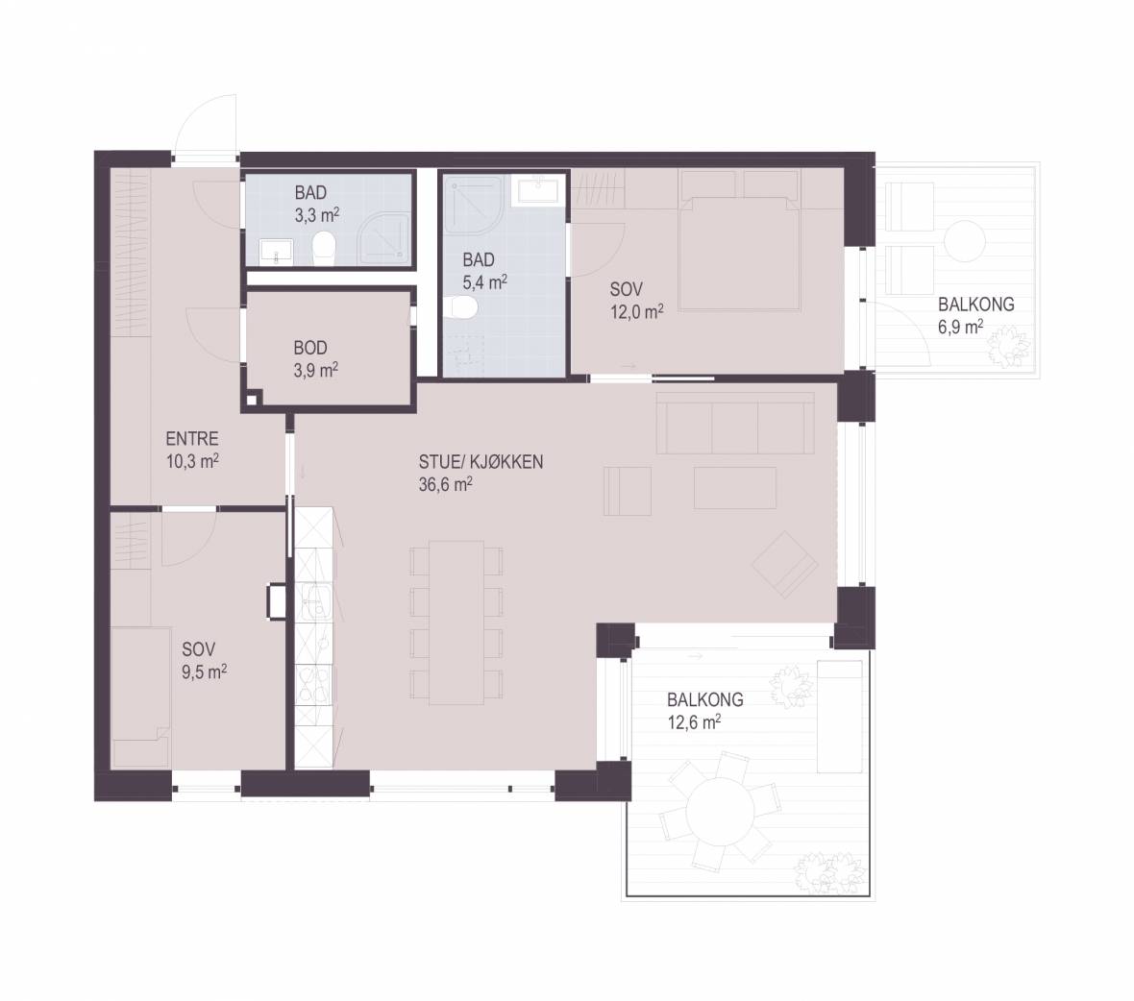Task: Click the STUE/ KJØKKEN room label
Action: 481,462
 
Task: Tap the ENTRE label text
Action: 191,439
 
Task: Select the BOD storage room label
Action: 310,348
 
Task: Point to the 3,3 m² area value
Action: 317,214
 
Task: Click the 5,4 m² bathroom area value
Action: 484,281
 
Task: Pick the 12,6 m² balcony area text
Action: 694,722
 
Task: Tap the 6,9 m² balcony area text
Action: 960,327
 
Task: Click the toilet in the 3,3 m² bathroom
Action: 324,248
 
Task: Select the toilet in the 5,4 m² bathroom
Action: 460,307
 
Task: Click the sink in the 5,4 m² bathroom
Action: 537,189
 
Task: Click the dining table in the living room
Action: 456,623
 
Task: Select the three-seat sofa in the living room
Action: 735,423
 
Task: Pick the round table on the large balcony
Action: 720,810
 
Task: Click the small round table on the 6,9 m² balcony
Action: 964,241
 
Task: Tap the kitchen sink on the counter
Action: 314,602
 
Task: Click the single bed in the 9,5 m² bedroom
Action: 140,696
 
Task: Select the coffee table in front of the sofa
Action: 735,488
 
